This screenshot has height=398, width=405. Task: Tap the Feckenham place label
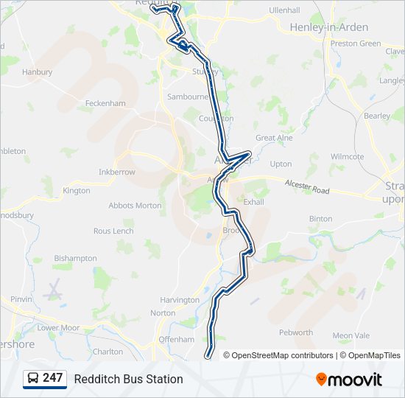tap(106, 104)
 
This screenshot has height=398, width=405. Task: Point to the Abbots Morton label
tap(135, 206)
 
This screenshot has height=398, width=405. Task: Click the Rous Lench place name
tap(113, 231)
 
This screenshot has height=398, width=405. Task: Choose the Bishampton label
tap(75, 259)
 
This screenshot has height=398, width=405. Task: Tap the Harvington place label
tap(180, 300)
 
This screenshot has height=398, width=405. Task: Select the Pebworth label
tap(296, 332)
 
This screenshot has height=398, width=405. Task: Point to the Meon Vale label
tap(351, 335)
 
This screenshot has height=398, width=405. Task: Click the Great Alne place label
tap(274, 138)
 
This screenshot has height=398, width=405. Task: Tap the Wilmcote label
tap(347, 157)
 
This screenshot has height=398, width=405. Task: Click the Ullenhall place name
tap(284, 11)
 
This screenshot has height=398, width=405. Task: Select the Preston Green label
tap(356, 43)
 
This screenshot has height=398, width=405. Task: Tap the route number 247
tap(53, 378)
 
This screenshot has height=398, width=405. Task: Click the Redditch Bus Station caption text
tap(128, 379)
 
